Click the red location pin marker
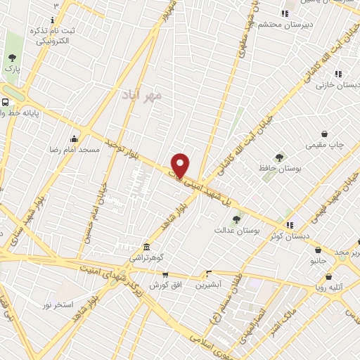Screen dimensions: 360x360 [x=181, y=165]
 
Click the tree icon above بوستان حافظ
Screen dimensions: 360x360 [x=280, y=157]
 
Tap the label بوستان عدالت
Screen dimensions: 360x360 [x=232, y=230]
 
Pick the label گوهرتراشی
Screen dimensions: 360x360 [x=147, y=259]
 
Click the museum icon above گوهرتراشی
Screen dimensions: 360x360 [x=146, y=247]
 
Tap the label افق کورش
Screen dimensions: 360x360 [x=166, y=285]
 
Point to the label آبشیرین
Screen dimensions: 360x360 [x=208, y=285]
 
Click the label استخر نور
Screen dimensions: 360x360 [x=58, y=304]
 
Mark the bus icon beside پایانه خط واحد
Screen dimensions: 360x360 [x=6, y=101]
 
